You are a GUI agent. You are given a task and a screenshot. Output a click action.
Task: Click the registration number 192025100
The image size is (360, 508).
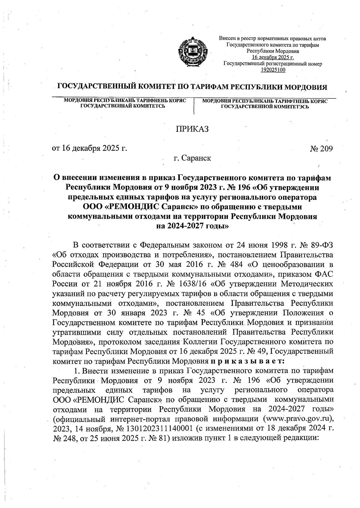(x=273, y=70)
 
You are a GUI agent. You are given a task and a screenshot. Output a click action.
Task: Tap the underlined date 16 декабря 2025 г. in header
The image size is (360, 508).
(x=273, y=57)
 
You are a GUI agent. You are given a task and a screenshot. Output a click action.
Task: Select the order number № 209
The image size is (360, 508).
(x=322, y=148)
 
